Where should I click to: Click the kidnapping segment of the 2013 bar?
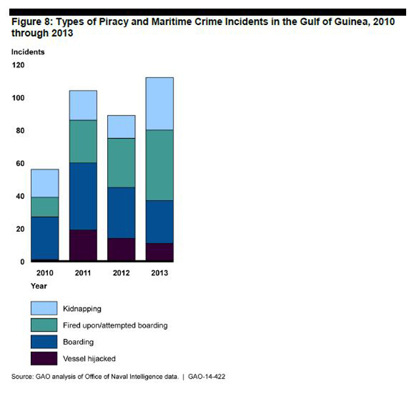(160, 104)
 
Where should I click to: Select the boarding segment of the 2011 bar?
(83, 196)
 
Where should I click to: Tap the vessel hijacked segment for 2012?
(121, 250)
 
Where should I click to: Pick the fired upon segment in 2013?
(160, 165)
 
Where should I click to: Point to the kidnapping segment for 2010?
(45, 183)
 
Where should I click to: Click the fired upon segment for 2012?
(121, 163)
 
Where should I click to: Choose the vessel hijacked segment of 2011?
(83, 245)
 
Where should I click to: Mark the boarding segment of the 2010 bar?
(45, 238)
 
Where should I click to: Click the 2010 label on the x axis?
(44, 272)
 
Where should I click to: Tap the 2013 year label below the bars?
(160, 272)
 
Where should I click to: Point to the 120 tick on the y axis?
(18, 65)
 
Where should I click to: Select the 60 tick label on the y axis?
(20, 164)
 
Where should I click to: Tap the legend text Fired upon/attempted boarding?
(115, 325)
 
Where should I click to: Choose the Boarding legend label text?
(78, 342)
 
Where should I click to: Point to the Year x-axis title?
(37, 286)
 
